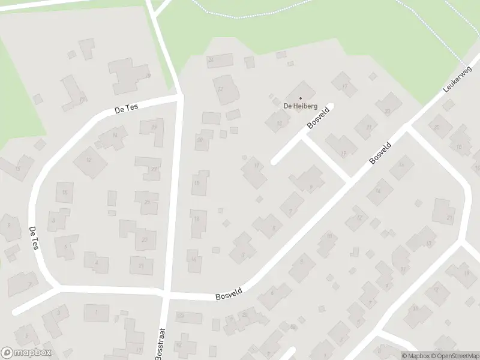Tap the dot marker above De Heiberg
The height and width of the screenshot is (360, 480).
pos(299,98)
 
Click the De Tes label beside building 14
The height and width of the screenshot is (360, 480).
pos(127,109)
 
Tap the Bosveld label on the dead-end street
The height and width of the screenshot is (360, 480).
pos(319,118)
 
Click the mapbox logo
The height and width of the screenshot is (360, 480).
pos(26,353)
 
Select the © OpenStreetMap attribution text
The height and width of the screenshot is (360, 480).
pos(454,356)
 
